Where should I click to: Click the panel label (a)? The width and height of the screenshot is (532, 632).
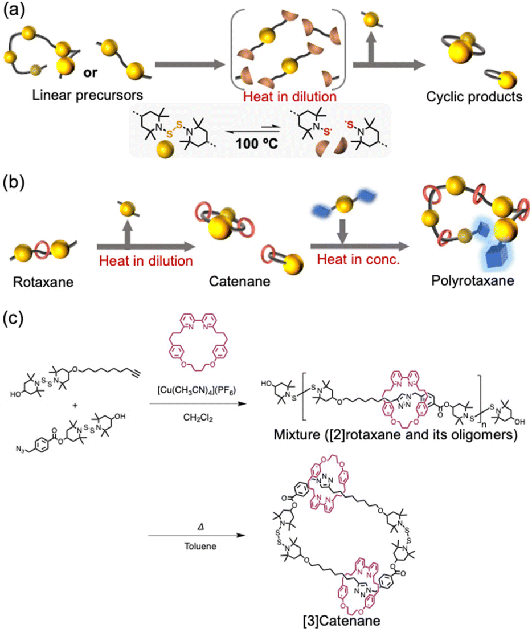click(13, 11)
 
